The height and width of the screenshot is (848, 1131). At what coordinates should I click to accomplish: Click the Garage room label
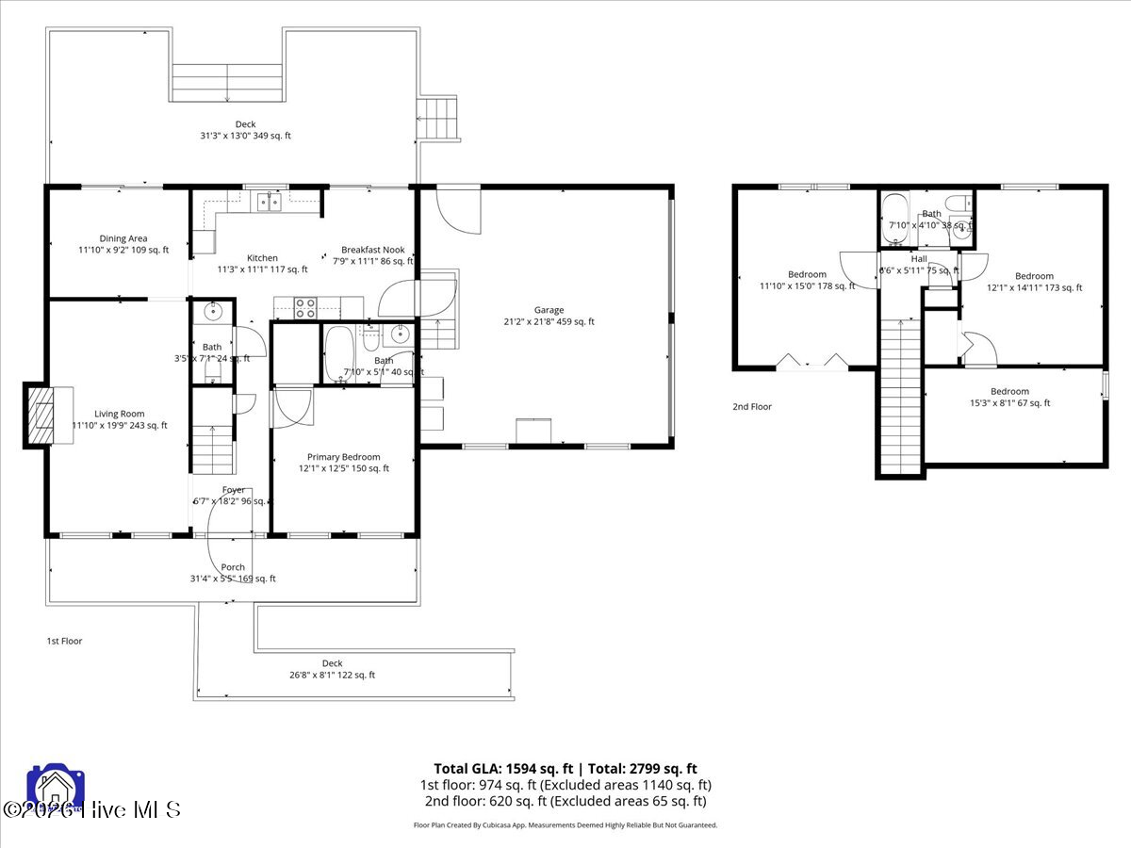(549, 309)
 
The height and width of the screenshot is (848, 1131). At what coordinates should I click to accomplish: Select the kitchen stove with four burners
(306, 307)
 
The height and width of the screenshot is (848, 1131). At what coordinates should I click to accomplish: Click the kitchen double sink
(270, 201)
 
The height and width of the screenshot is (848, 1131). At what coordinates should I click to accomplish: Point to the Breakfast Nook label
(372, 250)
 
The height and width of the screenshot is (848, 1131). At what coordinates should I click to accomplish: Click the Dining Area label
(123, 238)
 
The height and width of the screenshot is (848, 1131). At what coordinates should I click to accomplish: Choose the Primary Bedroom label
(343, 456)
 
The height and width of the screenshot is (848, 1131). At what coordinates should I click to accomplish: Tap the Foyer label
(233, 490)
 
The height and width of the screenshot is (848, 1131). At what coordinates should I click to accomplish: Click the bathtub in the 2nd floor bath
(895, 208)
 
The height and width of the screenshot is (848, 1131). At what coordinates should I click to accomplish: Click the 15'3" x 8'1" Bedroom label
(1009, 391)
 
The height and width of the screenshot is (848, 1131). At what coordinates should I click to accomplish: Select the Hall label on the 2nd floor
(919, 258)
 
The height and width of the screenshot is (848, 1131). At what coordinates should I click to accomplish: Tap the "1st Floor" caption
(65, 641)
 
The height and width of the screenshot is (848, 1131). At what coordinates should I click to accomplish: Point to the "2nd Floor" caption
(752, 406)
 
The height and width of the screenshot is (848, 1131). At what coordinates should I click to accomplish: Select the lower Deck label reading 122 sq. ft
(332, 663)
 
